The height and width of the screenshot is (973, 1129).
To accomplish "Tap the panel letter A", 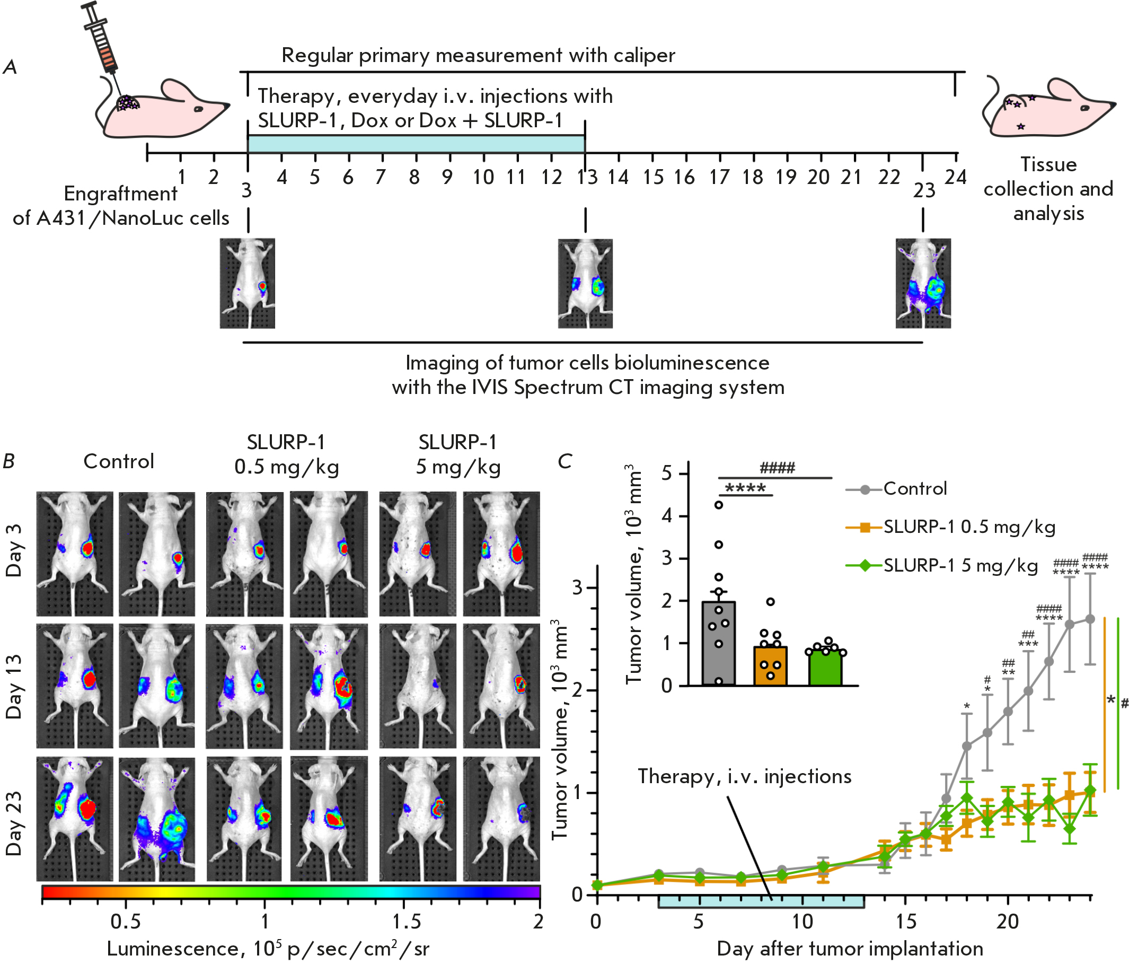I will click(x=10, y=67).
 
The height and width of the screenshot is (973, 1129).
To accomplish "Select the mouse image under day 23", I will click(x=923, y=284).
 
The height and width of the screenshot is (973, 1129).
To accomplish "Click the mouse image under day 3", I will click(x=248, y=284).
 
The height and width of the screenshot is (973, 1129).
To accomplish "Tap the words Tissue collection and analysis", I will click(x=1048, y=189).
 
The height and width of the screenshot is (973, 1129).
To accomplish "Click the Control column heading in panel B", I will click(x=119, y=462).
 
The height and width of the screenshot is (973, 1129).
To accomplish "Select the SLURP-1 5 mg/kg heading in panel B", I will click(x=458, y=454).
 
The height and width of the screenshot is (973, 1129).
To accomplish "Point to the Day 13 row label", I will click(x=14, y=686).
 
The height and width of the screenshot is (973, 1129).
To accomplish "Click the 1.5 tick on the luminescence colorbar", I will click(x=406, y=922).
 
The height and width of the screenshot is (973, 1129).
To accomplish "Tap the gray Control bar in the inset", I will click(x=719, y=644).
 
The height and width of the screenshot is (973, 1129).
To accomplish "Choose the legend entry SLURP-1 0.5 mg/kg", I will click(x=969, y=527).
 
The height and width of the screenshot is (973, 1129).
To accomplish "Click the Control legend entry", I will click(x=915, y=488).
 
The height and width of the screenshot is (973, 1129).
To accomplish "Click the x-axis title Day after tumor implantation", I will click(x=850, y=949).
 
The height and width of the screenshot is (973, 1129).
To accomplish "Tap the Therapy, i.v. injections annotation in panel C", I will click(x=744, y=777).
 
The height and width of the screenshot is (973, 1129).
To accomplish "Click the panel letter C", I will click(x=564, y=462).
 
